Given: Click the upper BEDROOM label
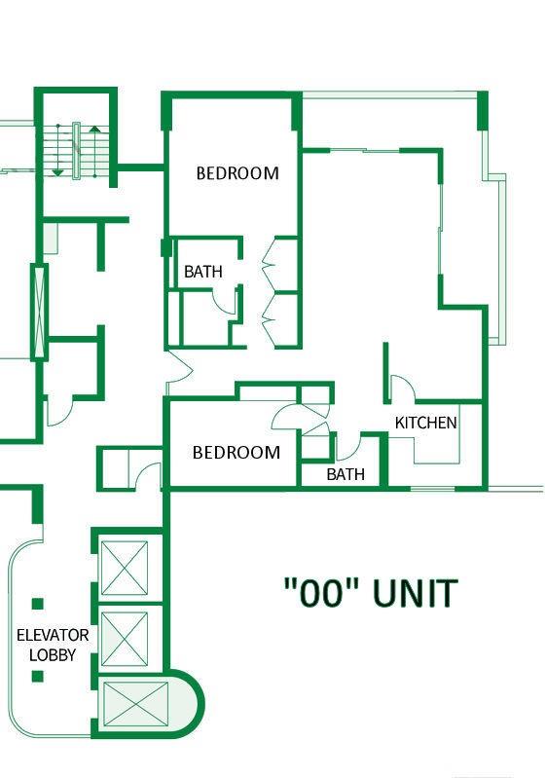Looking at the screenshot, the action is tap(237, 173).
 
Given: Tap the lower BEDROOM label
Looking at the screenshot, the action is tap(236, 453).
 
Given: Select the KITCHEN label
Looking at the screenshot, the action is tap(426, 423).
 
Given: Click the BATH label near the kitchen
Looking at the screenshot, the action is tap(345, 474).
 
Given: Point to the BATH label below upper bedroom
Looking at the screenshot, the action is tap(203, 272).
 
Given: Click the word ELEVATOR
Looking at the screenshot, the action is tap(53, 635).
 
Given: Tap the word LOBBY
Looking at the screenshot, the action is tap(53, 655).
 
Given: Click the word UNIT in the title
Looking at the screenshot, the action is tap(414, 593).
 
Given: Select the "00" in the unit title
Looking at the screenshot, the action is tap(321, 593).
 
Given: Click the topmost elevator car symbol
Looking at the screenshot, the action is tap(125, 568).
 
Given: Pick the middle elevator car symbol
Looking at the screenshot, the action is tap(125, 639).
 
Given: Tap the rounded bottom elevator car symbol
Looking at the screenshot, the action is tap(136, 704).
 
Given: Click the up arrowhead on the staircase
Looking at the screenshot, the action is tap(94, 130).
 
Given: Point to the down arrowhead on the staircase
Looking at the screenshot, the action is tap(58, 172).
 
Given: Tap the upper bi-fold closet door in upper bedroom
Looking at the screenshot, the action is tap(269, 262).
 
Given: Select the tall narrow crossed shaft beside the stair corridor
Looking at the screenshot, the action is tap(40, 313).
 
